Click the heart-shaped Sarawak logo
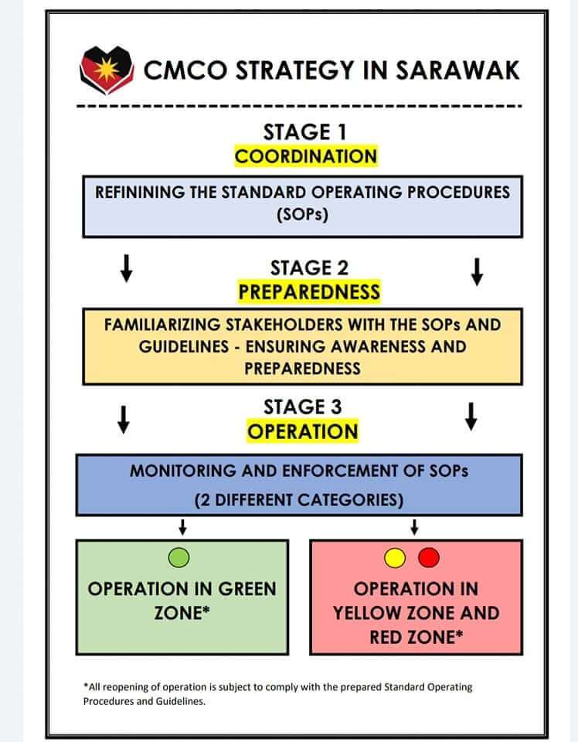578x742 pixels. tap(107, 69)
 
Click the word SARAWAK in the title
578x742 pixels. tap(457, 70)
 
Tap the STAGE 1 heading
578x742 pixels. tap(305, 132)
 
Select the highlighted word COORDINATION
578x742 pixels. tap(306, 156)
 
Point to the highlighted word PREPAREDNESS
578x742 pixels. tap(309, 292)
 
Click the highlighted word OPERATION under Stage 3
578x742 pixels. tap(303, 431)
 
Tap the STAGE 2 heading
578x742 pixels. tap(309, 268)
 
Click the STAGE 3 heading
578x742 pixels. tap(303, 407)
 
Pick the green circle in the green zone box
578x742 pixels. tap(178, 557)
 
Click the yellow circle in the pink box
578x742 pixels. tap(395, 557)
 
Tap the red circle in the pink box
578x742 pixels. tap(429, 557)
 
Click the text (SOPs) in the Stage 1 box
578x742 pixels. tap(303, 215)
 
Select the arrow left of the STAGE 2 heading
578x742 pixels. tap(126, 268)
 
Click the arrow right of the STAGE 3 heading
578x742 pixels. tap(471, 417)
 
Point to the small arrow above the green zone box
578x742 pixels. tap(182, 527)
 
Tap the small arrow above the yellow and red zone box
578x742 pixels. tap(414, 527)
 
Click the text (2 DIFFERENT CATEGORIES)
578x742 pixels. tap(299, 500)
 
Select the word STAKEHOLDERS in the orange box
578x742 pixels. tap(284, 325)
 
